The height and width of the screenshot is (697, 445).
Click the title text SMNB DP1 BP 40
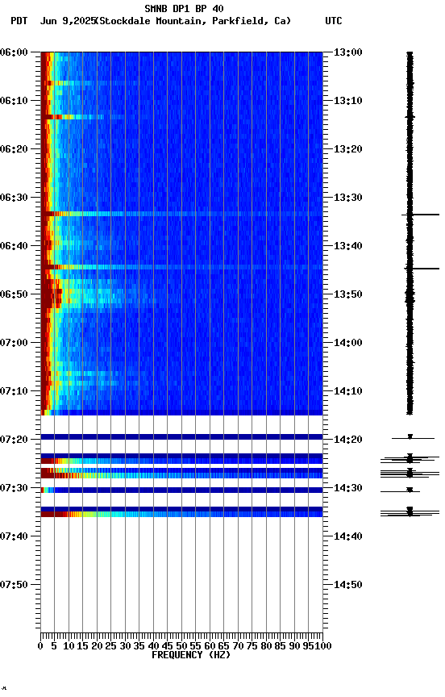(x=184, y=9)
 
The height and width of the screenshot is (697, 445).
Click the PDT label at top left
(x=19, y=21)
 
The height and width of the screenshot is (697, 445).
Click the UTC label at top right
(x=334, y=21)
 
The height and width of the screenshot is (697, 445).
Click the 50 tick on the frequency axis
(x=182, y=645)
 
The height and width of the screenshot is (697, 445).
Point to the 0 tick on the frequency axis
(x=40, y=645)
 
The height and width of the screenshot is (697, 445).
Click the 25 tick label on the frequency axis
(x=111, y=645)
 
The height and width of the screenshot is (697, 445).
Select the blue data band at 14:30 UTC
(x=181, y=490)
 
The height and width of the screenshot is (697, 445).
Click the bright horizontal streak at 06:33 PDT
(x=181, y=214)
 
